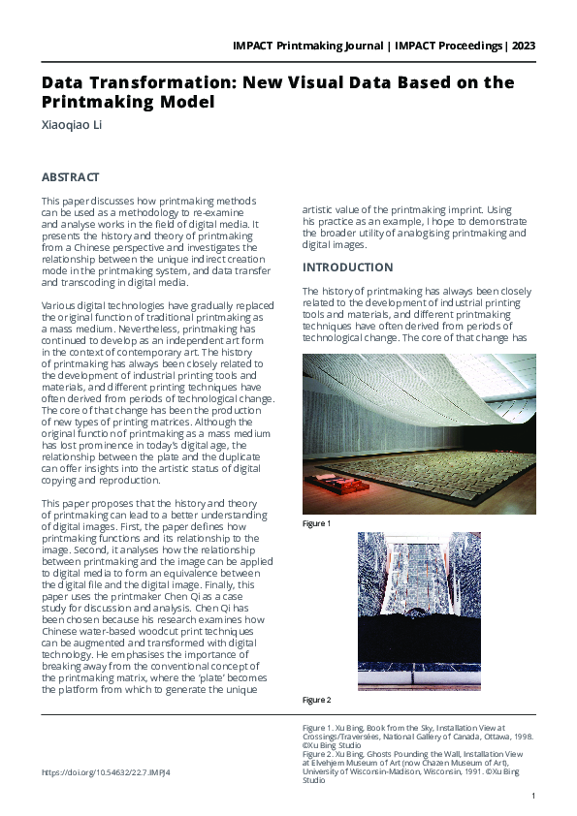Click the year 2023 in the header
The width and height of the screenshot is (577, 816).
(523, 46)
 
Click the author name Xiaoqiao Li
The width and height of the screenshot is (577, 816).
(71, 125)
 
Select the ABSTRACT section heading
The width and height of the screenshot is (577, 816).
(70, 177)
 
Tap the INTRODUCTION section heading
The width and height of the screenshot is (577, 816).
(348, 267)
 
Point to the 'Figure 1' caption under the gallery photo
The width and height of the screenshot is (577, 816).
(316, 523)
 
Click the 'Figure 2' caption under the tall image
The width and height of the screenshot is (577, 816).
(316, 700)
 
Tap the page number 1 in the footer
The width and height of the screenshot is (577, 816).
(533, 796)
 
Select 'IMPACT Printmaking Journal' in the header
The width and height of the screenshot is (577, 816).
(315, 46)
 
